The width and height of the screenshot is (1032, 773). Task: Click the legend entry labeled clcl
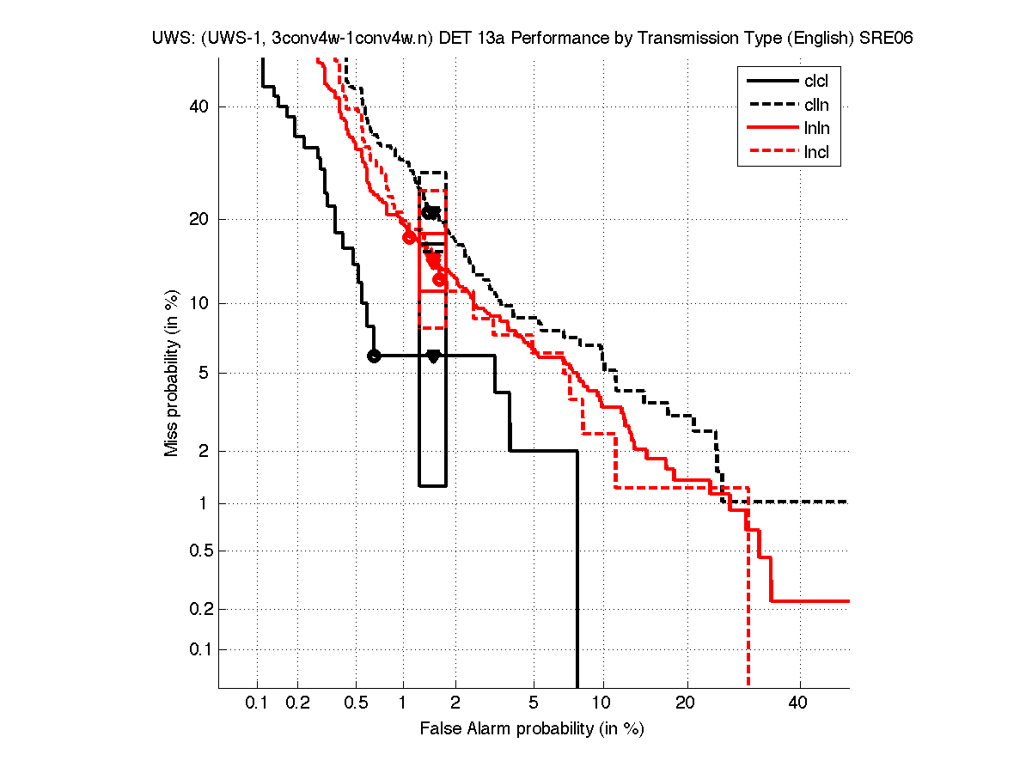tap(816, 82)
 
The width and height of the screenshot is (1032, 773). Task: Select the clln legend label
tap(816, 106)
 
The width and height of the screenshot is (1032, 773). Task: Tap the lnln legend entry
tap(816, 130)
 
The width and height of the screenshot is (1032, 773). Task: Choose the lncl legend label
tap(816, 154)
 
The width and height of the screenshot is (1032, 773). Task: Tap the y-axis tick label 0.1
tap(197, 649)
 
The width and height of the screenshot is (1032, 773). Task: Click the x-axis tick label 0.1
tap(257, 703)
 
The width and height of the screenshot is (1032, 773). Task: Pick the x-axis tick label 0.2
tap(298, 703)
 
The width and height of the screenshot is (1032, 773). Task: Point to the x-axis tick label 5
tap(534, 703)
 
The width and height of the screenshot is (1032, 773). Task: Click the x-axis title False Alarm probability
tap(532, 729)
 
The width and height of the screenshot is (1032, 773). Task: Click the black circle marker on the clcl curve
tap(374, 356)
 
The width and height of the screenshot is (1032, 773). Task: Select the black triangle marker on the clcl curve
tap(433, 356)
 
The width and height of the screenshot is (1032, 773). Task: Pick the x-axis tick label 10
tap(603, 703)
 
